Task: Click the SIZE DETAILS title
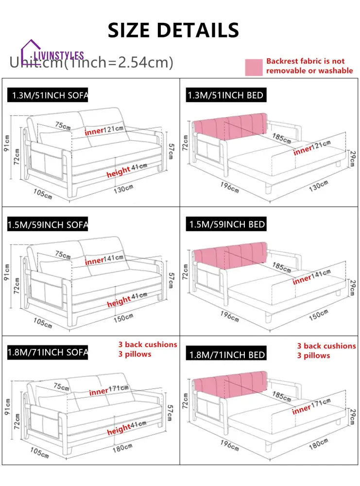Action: (x=173, y=30)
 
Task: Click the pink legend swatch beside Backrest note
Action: (x=253, y=67)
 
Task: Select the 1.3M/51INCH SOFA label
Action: (x=48, y=95)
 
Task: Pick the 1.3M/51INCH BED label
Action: (x=226, y=95)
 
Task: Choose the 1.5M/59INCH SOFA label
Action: (x=48, y=225)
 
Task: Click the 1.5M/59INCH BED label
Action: (x=226, y=225)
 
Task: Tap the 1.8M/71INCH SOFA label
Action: (x=48, y=352)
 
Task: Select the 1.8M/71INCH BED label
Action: (x=226, y=354)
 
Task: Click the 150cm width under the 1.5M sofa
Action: (x=123, y=317)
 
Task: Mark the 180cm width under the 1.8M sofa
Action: (x=123, y=447)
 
